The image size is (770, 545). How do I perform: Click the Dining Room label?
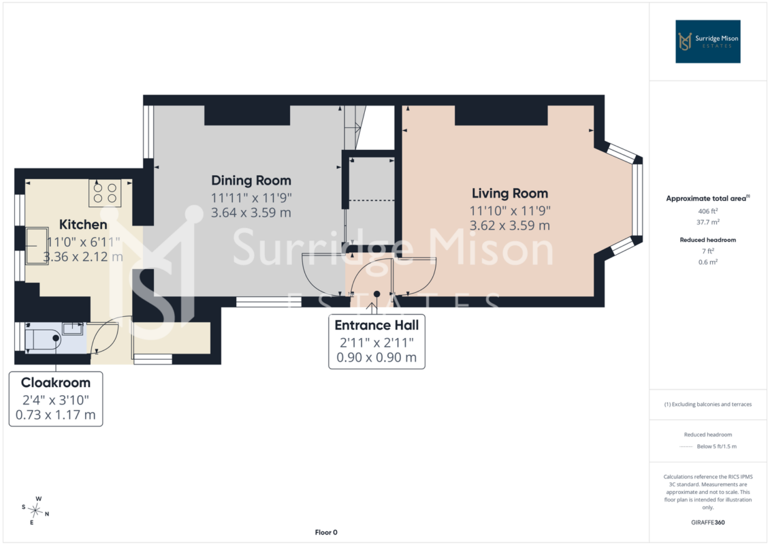(251, 181)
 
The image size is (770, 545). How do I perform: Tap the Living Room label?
(510, 193)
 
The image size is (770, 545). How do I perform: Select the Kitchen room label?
(83, 225)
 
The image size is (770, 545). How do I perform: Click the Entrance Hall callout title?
(376, 326)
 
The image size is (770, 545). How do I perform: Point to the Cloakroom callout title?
(56, 382)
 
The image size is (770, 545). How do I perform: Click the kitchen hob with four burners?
(105, 193)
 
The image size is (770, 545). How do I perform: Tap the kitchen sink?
(37, 246)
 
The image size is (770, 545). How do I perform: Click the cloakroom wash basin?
(72, 328)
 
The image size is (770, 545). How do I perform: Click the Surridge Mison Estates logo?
(707, 42)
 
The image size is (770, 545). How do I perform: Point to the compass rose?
(35, 511)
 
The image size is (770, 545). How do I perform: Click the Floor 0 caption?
(326, 532)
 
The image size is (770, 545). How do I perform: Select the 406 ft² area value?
(707, 211)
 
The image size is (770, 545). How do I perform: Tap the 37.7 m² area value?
(707, 222)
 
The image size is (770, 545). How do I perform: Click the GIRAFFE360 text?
(707, 523)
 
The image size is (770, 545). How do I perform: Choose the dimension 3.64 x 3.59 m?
(251, 213)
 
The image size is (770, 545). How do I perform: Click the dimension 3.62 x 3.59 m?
(510, 225)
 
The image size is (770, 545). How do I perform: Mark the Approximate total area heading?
(707, 198)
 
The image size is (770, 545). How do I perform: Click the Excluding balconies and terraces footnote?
(707, 405)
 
